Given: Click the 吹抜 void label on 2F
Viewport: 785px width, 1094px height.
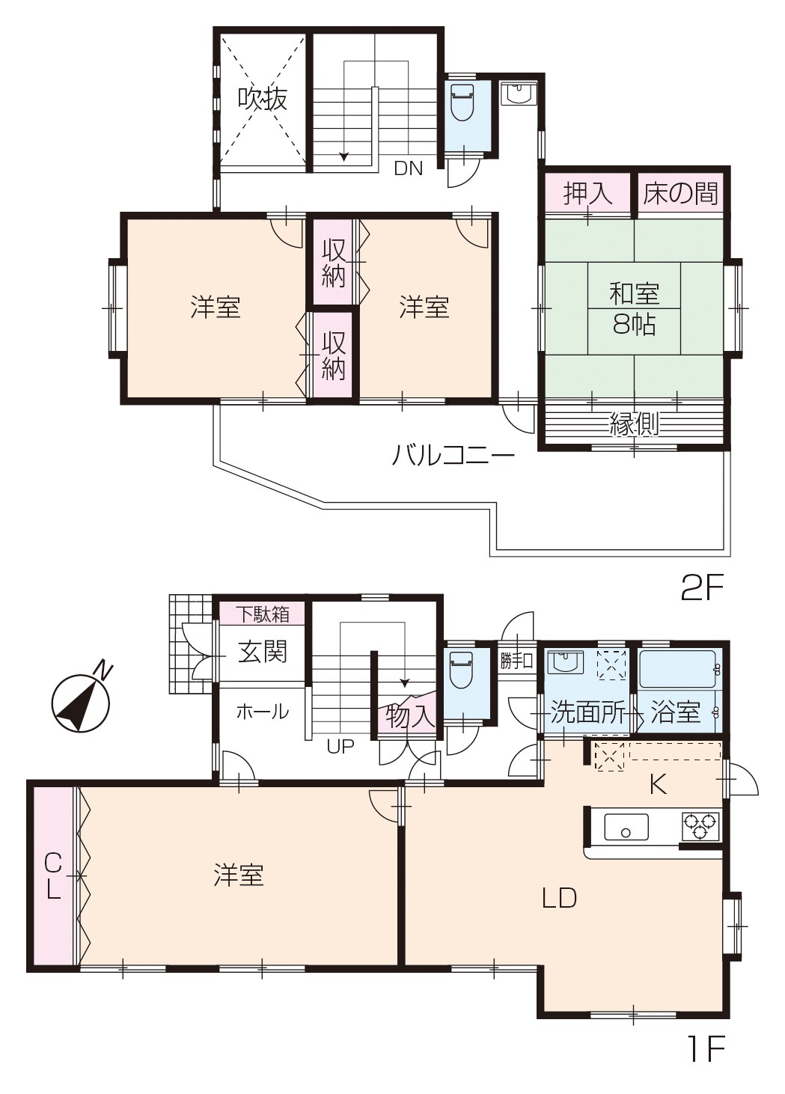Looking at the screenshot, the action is pos(263,100).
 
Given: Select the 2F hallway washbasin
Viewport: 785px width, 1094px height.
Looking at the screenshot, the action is pos(519,94).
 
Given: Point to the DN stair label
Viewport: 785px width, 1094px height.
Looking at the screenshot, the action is pos(408,169).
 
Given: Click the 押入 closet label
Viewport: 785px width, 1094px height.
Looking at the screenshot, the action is pos(587,193).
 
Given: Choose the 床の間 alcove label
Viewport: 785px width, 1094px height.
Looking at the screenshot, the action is pos(680,193).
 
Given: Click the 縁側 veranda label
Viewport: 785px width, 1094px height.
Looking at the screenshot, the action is pos(634,423).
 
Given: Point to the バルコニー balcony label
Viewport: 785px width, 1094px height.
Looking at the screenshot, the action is pos(453,456).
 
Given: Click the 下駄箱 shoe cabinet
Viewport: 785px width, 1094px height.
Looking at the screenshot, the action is pos(263,614).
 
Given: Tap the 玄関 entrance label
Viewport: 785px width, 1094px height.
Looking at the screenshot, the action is pos(263,652).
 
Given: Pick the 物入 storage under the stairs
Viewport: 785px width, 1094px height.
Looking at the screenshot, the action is pos(409,715).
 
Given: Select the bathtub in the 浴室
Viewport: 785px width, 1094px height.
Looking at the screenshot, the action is pos(679,669).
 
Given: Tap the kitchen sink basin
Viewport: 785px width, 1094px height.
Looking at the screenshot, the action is pos(626,827).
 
